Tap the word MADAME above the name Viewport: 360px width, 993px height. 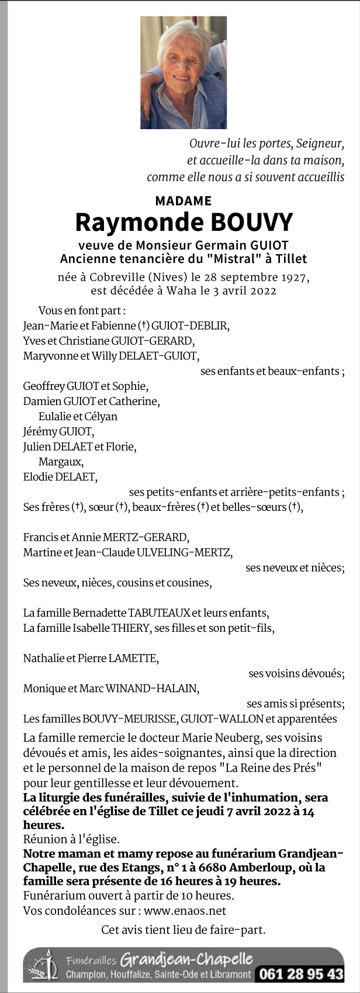pyautogui.click(x=184, y=201)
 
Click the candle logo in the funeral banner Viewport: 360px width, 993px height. pyautogui.click(x=48, y=965)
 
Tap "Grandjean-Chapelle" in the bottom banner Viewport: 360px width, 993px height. pyautogui.click(x=186, y=959)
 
